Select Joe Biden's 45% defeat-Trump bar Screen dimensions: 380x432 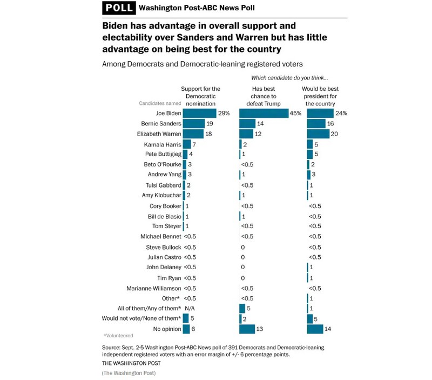point(264,113)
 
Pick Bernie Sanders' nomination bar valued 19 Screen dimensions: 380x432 point(194,123)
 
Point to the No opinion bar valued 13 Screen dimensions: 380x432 point(247,329)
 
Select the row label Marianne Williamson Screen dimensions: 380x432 point(154,288)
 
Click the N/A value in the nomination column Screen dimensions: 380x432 point(190,308)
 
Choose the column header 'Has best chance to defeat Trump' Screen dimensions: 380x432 point(263,96)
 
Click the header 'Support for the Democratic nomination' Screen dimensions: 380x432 point(200,96)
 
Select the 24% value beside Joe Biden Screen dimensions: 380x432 point(341,113)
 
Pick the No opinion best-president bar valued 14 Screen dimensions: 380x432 point(314,329)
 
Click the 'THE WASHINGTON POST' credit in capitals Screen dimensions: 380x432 point(129,363)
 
